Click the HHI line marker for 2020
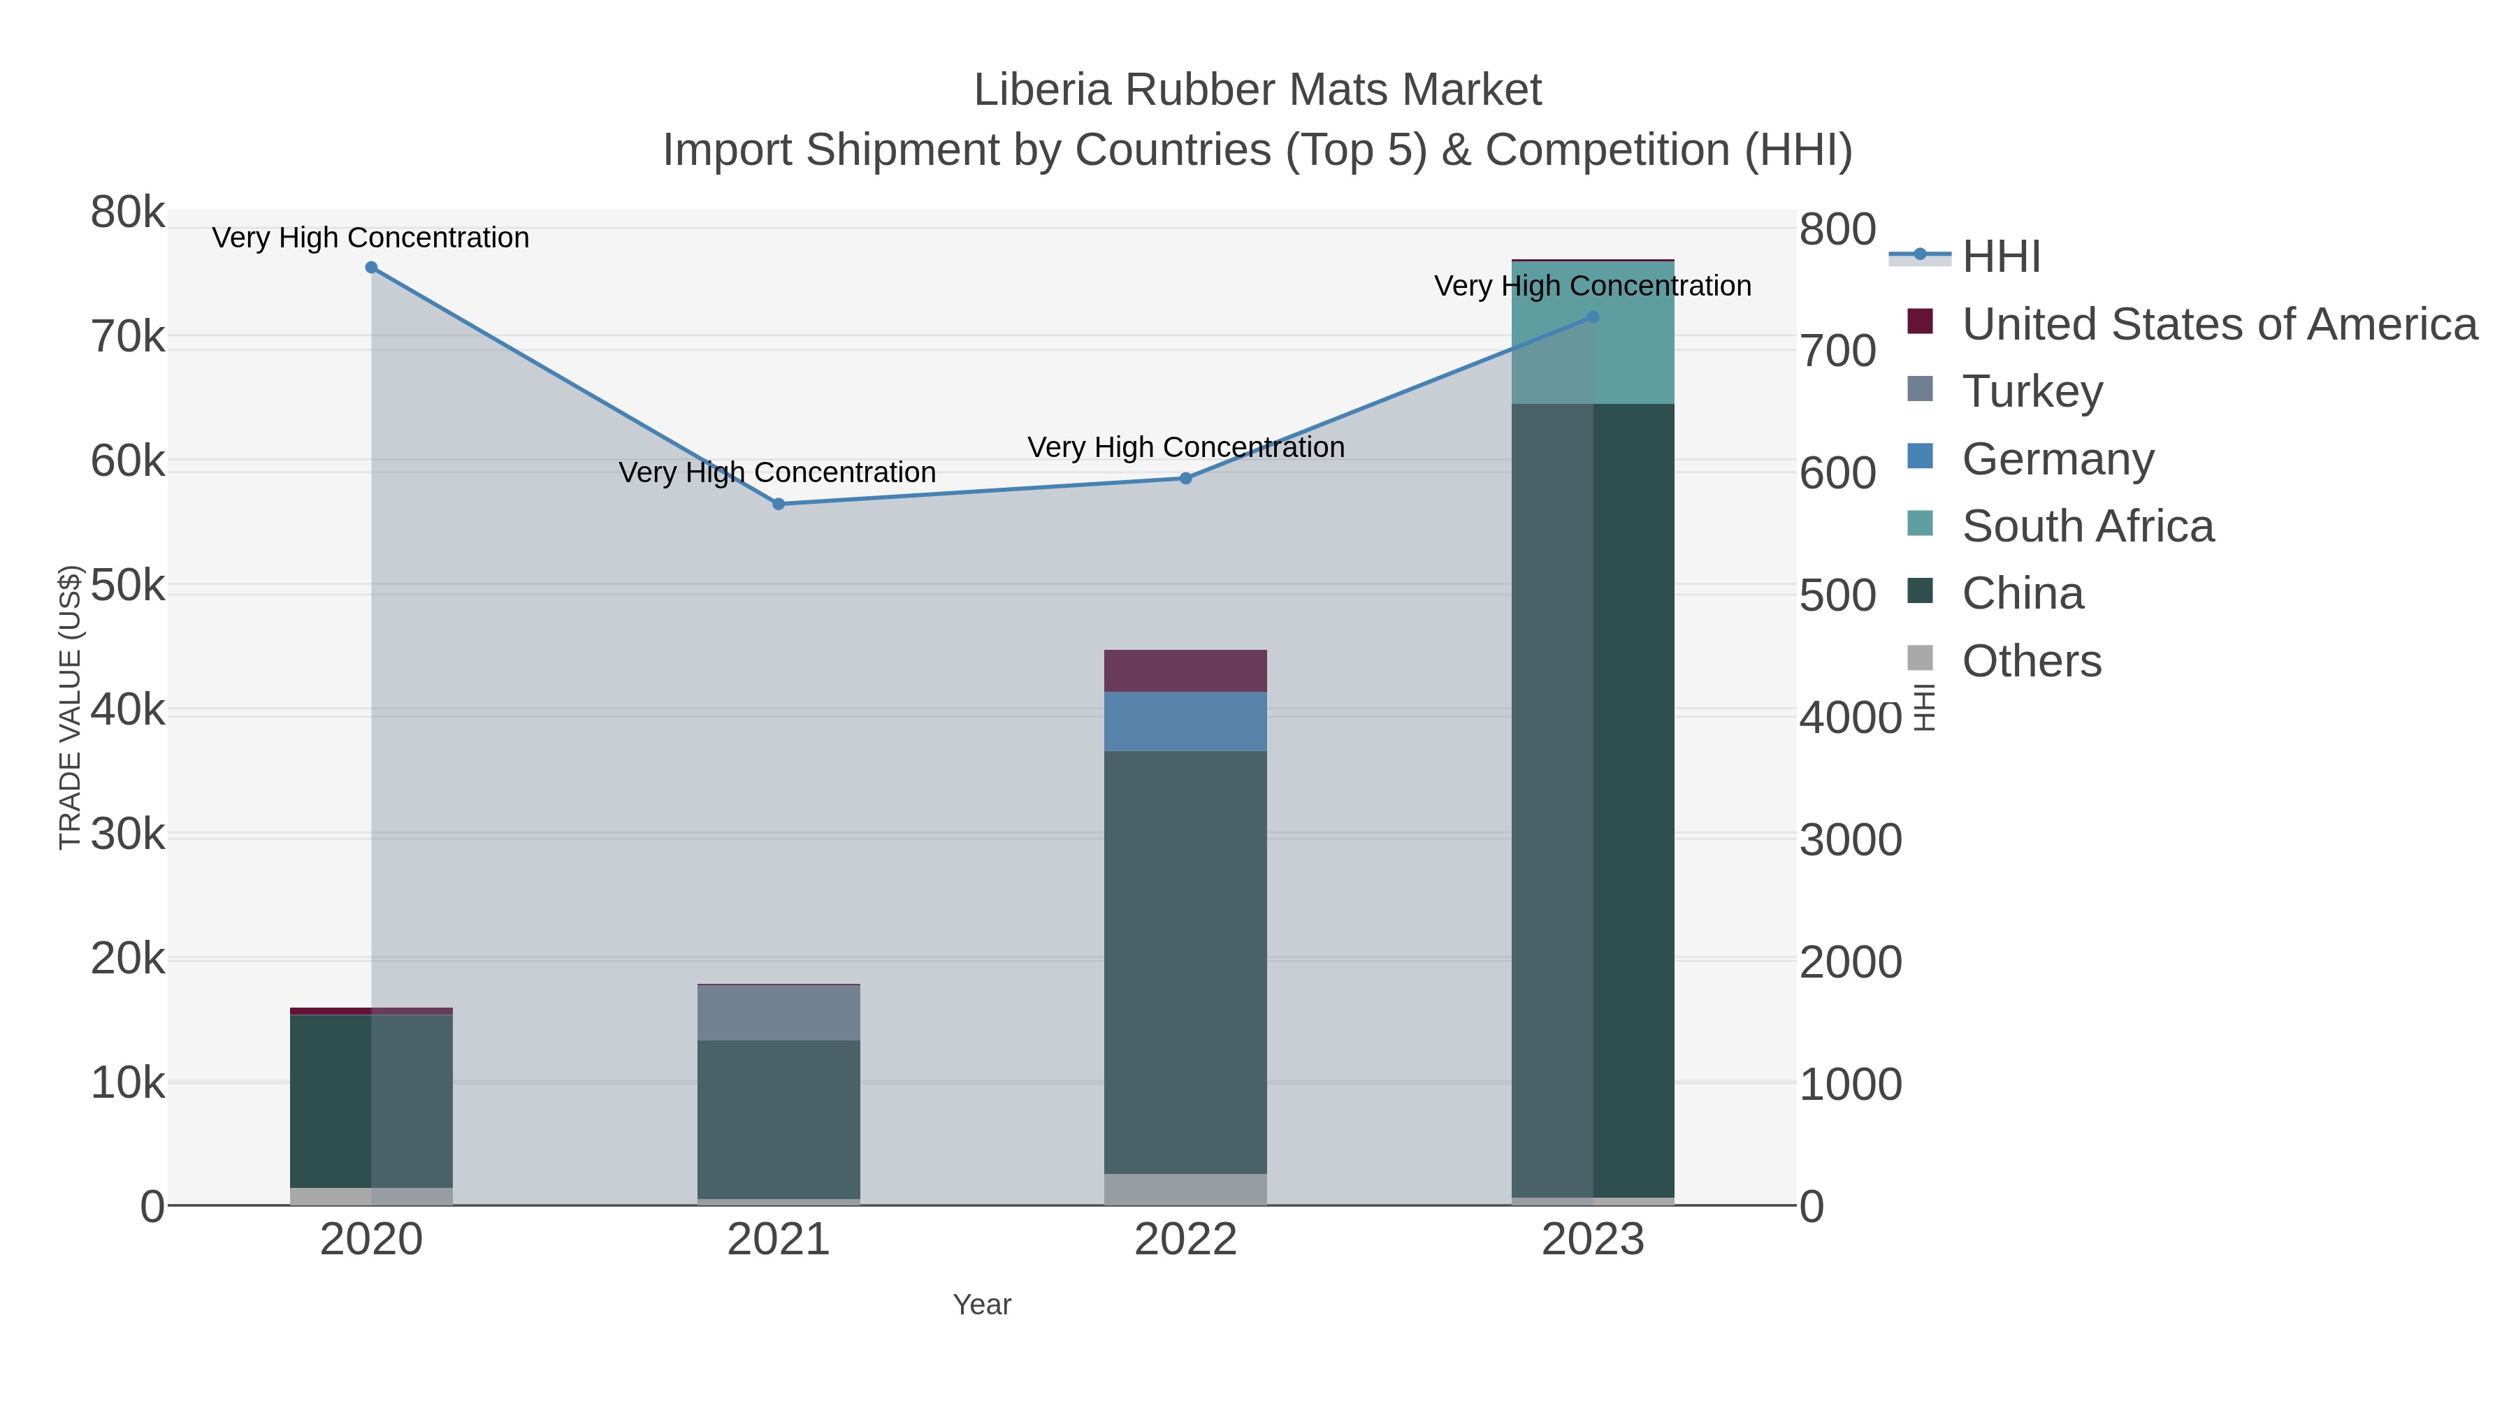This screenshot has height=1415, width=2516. (371, 268)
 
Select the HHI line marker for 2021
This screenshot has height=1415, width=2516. (779, 504)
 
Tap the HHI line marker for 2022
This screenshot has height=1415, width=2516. (1186, 479)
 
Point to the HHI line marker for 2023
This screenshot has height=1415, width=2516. (1593, 317)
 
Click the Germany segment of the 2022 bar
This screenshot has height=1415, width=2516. (1186, 722)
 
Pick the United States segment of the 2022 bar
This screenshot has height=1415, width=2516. (1186, 671)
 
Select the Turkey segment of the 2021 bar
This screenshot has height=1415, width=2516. (779, 1013)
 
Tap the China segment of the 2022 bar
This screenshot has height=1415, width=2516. (1186, 962)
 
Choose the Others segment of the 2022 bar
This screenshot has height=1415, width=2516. (1186, 1189)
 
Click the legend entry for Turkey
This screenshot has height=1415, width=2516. (2032, 391)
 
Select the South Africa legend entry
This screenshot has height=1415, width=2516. (2087, 526)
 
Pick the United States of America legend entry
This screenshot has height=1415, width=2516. (2218, 324)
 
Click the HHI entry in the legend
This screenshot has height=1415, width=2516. (2000, 257)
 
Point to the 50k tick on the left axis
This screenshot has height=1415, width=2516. (128, 586)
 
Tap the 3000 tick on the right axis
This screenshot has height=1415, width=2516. (1851, 840)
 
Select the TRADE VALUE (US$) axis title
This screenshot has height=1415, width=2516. (71, 708)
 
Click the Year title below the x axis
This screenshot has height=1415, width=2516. (982, 1305)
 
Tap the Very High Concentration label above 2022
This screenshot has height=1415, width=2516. (1186, 447)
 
